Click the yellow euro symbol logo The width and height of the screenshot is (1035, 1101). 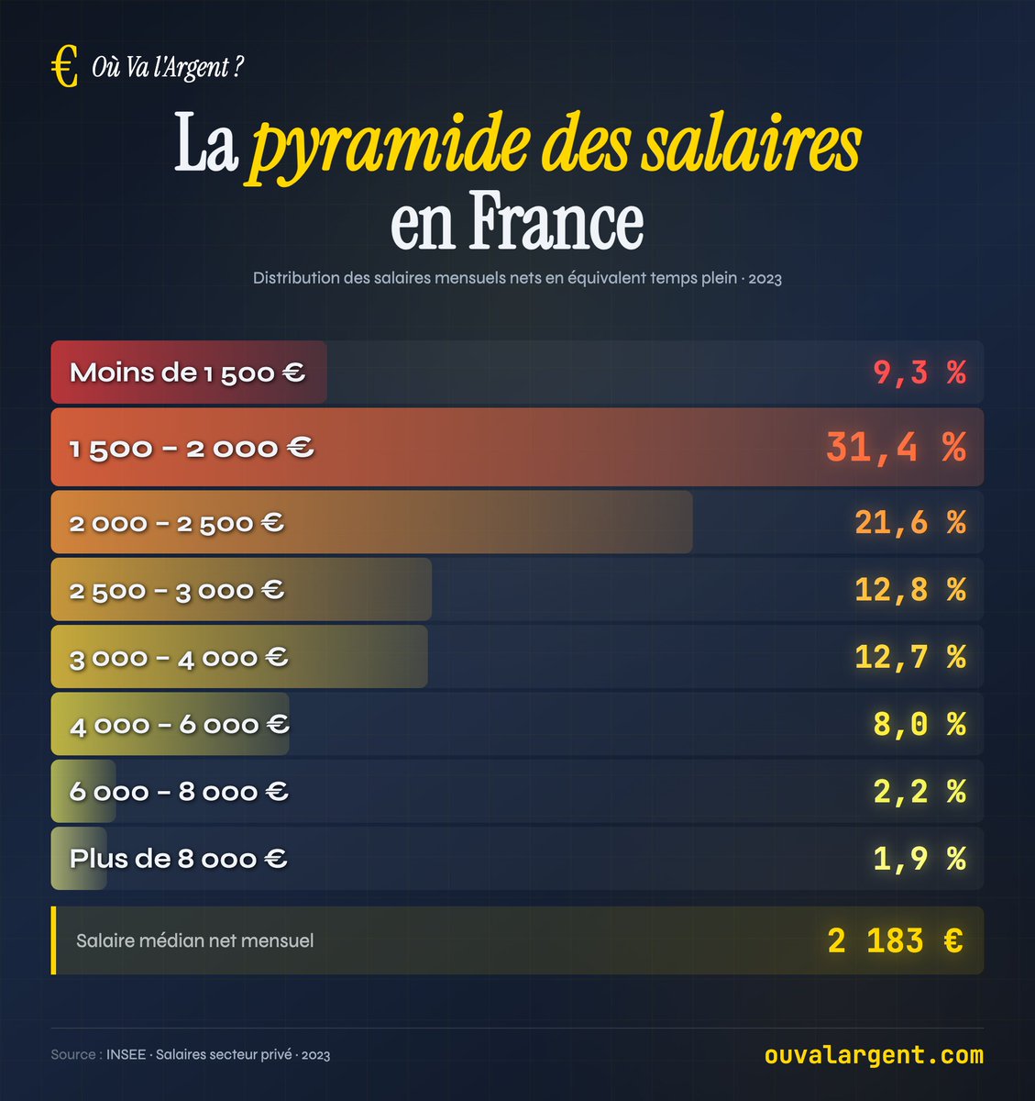(64, 68)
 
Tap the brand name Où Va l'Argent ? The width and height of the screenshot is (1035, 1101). (168, 68)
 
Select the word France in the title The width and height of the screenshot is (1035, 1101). (556, 222)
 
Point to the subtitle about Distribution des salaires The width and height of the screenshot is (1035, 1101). (517, 278)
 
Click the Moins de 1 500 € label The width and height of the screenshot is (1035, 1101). (187, 373)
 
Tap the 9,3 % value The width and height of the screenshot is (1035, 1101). (919, 373)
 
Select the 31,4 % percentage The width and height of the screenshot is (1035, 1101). (895, 447)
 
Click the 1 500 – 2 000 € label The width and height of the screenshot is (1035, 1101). (192, 448)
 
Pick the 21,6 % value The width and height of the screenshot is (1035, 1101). (909, 523)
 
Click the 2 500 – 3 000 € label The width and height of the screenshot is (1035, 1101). (177, 590)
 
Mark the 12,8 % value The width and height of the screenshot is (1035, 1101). (909, 590)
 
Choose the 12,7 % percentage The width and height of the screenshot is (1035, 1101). (909, 657)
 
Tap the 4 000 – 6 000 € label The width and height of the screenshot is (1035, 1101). (180, 725)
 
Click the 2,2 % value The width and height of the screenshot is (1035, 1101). (919, 791)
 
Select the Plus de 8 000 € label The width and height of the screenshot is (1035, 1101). (179, 859)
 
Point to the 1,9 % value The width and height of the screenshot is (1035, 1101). (919, 859)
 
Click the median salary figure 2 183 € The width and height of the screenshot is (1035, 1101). (895, 941)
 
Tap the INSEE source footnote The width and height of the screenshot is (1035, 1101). (191, 1055)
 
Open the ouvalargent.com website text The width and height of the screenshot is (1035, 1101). (874, 1055)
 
